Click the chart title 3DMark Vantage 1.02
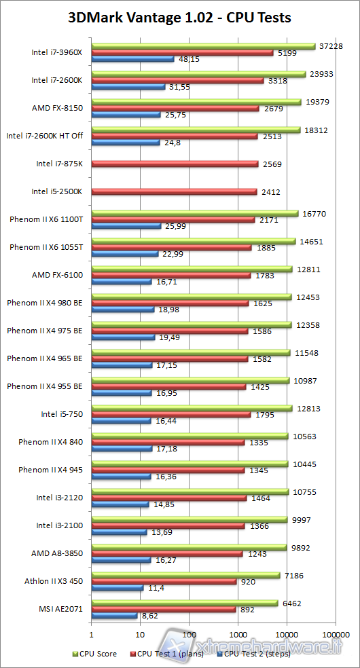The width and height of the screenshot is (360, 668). [x=180, y=18]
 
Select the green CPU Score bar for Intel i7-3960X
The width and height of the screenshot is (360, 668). [x=204, y=46]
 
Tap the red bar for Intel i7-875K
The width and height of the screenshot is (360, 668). [x=175, y=164]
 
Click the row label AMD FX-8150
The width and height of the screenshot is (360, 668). [x=58, y=107]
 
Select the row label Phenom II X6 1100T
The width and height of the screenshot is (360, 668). [x=46, y=219]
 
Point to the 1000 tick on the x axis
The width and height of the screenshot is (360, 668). [x=237, y=635]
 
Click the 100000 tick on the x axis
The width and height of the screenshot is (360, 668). [x=334, y=635]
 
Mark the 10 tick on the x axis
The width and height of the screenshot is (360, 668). [x=139, y=635]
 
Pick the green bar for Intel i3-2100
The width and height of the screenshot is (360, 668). [x=189, y=520]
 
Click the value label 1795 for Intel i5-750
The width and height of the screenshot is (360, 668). [x=270, y=414]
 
